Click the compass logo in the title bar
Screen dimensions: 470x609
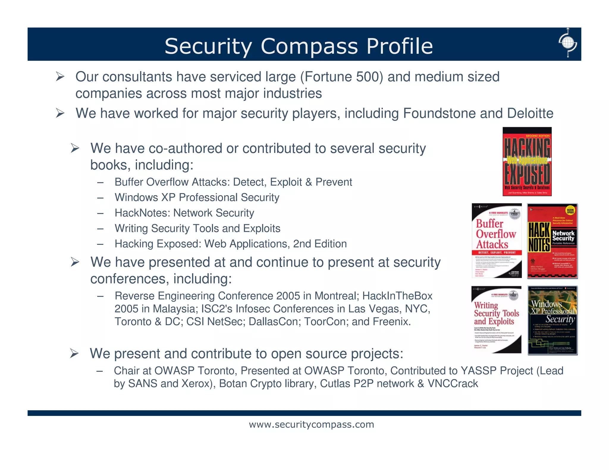(568, 43)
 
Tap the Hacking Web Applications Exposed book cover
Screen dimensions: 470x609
(527, 162)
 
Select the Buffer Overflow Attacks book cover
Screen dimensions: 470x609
(497, 241)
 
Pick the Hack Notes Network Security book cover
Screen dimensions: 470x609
(552, 241)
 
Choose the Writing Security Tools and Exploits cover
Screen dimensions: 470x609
(496, 320)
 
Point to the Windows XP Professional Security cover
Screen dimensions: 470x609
(553, 320)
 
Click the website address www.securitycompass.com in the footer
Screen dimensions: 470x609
(311, 424)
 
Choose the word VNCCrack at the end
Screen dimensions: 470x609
(453, 384)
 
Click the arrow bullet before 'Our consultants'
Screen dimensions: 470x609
(60, 77)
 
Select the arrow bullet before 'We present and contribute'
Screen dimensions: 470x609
(74, 354)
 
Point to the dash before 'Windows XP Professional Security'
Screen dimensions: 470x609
(100, 198)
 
